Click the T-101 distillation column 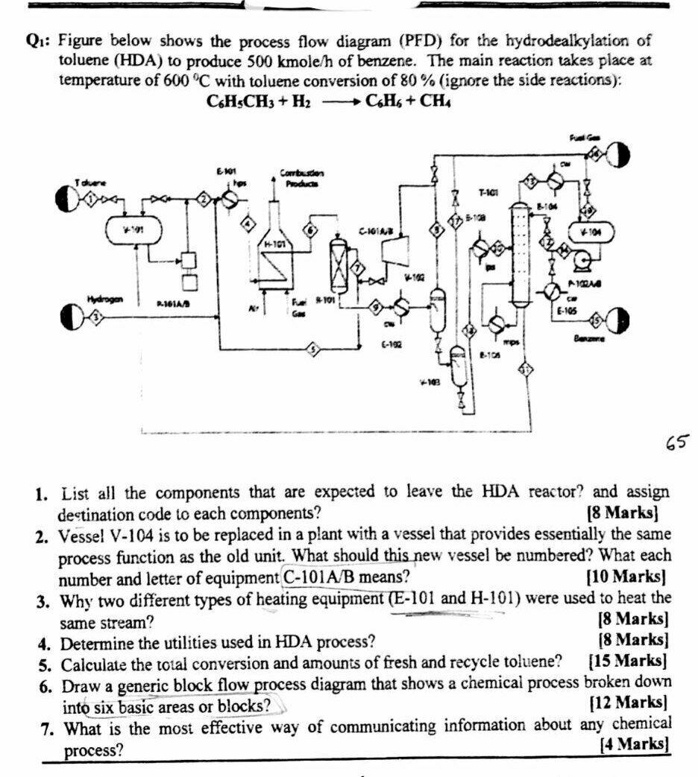coord(518,253)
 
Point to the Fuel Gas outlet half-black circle coord(617,154)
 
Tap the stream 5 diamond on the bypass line coord(314,348)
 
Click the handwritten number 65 coord(676,445)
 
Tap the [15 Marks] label coord(627,661)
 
